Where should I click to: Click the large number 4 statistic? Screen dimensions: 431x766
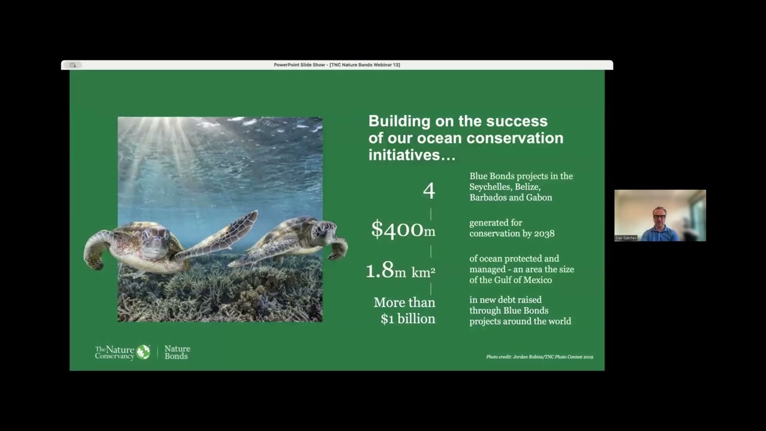click(428, 191)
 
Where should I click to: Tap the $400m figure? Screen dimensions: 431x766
click(403, 229)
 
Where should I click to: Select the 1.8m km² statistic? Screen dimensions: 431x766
click(400, 271)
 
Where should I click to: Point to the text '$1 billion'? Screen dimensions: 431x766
click(408, 319)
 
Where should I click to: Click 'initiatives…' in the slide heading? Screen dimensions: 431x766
click(412, 155)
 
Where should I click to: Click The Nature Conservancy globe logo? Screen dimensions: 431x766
click(143, 352)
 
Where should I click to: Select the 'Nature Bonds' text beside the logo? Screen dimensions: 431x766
click(177, 353)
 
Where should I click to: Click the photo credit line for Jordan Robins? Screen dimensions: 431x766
click(539, 357)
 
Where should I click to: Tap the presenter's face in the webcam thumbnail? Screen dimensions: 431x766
click(659, 215)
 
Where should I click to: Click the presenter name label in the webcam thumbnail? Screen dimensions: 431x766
click(626, 238)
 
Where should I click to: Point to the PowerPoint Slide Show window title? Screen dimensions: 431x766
click(337, 65)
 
